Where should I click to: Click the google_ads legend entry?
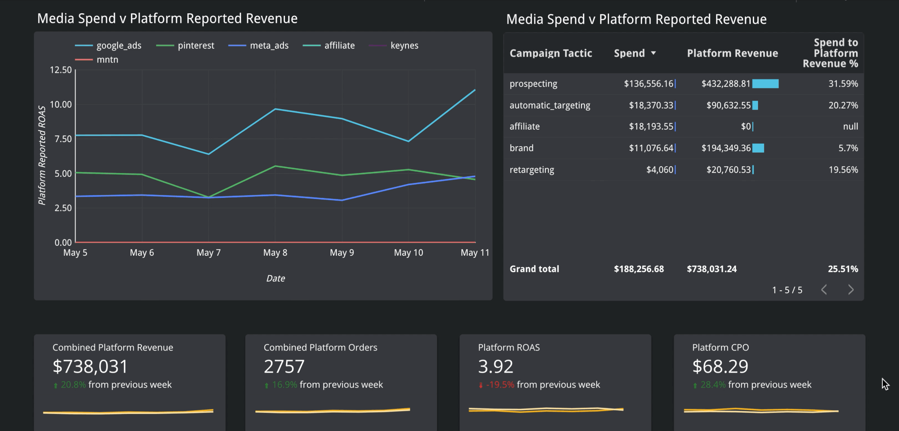[x=118, y=46]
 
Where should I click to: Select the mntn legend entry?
[x=107, y=60]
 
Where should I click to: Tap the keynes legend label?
[x=404, y=46]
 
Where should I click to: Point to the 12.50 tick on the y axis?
[x=61, y=70]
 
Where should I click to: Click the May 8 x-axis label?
[x=275, y=252]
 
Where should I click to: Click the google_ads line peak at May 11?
[x=475, y=90]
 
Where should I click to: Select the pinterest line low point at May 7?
[x=209, y=197]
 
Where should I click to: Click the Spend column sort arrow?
[x=653, y=53]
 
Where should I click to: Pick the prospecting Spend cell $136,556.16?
[x=648, y=84]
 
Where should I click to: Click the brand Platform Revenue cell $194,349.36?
[x=726, y=148]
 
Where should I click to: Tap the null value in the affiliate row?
[x=850, y=126]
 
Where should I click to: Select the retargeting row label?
[x=531, y=170]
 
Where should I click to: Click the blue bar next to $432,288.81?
[x=765, y=84]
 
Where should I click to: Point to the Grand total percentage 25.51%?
[x=843, y=269]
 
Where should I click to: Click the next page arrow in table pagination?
[x=850, y=289]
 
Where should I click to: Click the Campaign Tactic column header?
[x=551, y=53]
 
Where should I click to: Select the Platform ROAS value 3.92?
[x=496, y=367]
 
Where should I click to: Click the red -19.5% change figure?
[x=500, y=385]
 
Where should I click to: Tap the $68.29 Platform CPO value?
[x=720, y=367]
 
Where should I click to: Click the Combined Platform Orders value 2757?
[x=284, y=367]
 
